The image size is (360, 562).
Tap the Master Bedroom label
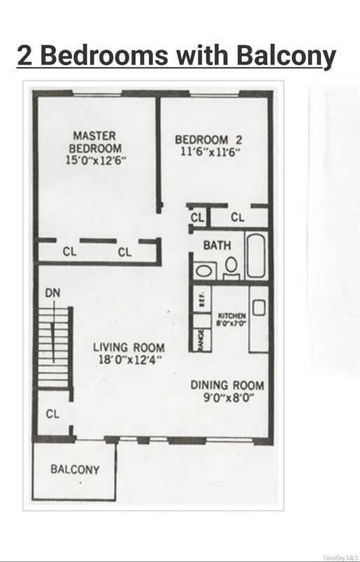point(94,142)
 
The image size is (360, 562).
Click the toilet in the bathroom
point(231,266)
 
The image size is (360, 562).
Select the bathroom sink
point(205,271)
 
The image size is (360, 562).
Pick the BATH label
point(217,246)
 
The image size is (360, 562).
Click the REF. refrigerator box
point(201,300)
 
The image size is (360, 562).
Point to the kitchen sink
point(258,307)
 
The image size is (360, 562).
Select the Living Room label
point(130,347)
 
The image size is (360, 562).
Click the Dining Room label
point(227,385)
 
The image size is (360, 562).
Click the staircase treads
point(54,347)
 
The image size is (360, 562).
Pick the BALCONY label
point(75,470)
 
